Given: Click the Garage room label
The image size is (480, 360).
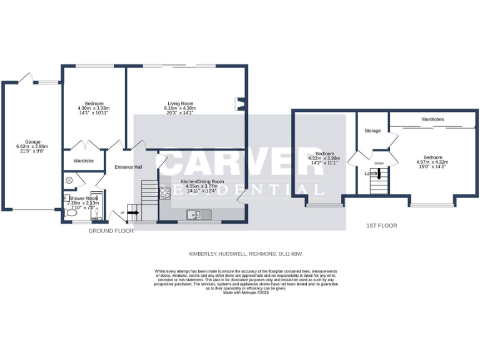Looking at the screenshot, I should click(x=32, y=142).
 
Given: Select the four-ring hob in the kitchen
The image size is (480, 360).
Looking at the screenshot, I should click(x=166, y=193).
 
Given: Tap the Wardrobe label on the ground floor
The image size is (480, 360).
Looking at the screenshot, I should click(x=84, y=161).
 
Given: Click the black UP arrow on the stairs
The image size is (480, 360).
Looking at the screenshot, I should click(x=133, y=212).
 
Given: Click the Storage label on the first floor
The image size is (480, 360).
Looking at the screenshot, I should click(x=372, y=131).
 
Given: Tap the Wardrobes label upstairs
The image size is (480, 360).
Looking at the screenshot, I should click(x=432, y=119).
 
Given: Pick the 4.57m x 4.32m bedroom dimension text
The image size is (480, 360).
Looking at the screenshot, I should click(x=432, y=162).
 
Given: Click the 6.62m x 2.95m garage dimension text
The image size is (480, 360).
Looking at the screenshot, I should click(x=32, y=146).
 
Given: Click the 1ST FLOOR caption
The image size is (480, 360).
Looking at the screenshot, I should click(x=381, y=226).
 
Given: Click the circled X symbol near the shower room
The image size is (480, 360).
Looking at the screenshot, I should click(x=69, y=180).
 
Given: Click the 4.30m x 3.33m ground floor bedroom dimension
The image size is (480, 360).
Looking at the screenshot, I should click(x=93, y=108).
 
